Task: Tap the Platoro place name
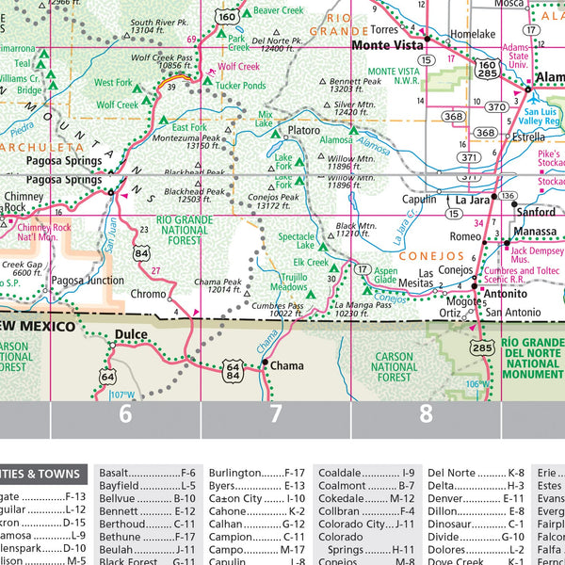[304, 130]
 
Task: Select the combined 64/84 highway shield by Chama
[233, 371]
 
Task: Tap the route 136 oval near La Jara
[508, 196]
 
